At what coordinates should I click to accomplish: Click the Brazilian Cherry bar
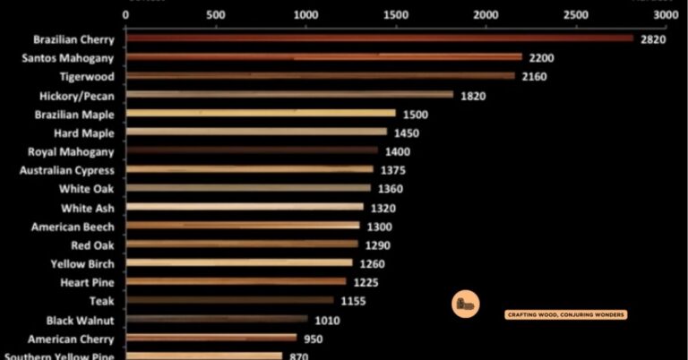point(380,39)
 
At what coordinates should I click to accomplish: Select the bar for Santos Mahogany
point(324,57)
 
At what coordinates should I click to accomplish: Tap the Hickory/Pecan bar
point(290,94)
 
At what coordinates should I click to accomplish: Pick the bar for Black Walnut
point(217,320)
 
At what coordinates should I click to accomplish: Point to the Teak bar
point(230,301)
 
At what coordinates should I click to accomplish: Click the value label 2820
point(653,39)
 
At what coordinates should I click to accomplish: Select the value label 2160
point(534,77)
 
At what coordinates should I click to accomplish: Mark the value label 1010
point(326,320)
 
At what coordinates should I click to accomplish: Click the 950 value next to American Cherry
point(313,339)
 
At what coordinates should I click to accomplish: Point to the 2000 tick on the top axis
point(486,15)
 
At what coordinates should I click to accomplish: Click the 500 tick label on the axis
point(215,15)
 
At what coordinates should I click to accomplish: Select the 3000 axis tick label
point(666,15)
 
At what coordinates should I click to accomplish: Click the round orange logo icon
point(465,304)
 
